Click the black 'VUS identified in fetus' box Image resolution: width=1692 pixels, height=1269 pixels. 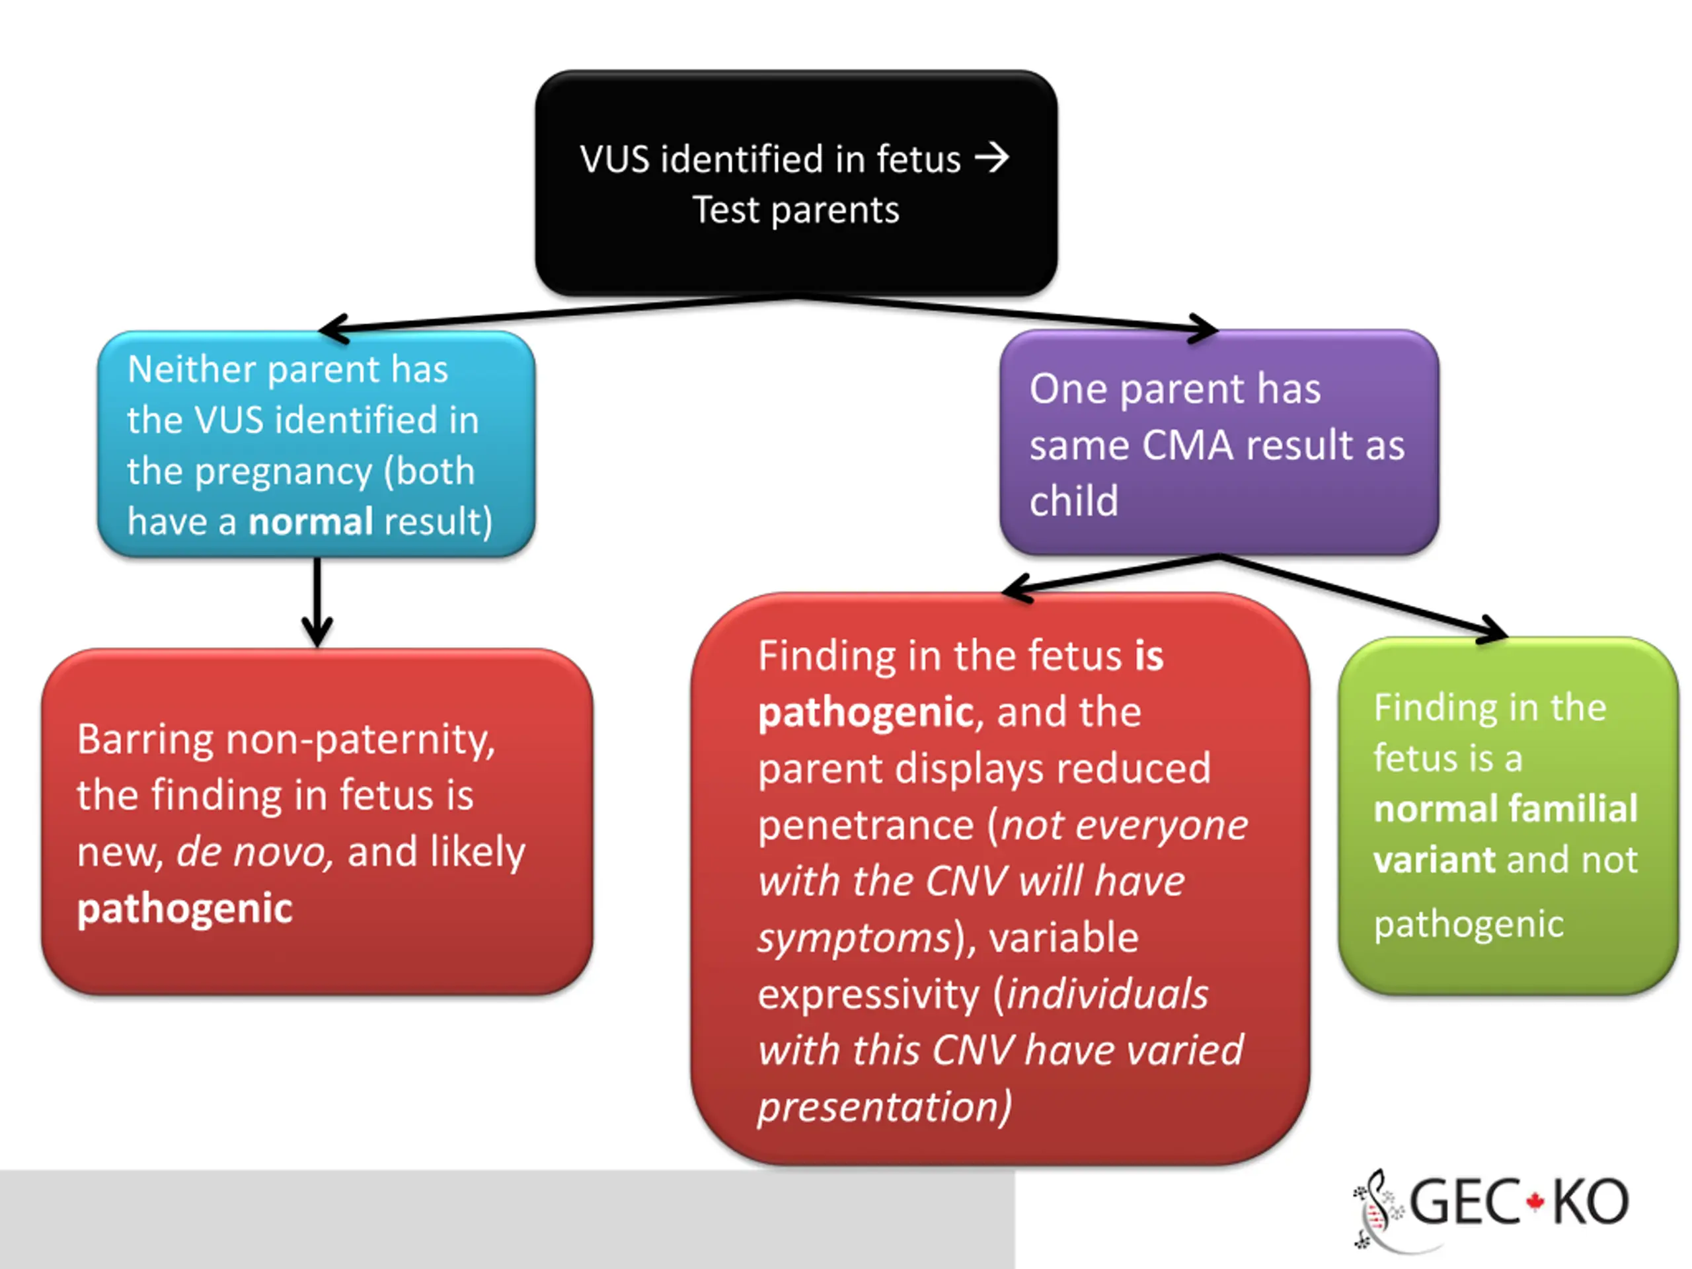click(796, 184)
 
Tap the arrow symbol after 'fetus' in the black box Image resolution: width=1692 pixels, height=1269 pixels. click(991, 159)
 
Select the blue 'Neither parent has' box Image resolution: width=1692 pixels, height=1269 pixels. click(317, 443)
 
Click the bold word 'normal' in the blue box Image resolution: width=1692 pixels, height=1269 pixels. click(311, 521)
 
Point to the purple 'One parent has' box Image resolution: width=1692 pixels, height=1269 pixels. click(1219, 442)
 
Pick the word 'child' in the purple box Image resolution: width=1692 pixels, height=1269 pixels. click(1074, 501)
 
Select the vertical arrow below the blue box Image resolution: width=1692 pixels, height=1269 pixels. click(317, 603)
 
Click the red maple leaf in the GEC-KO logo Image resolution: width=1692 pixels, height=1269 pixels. click(1535, 1202)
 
